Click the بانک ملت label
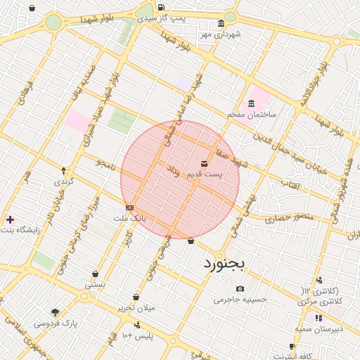(130, 218)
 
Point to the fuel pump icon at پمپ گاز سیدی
(162, 8)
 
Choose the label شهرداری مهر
(220, 33)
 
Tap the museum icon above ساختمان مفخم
(252, 103)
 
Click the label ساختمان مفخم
(252, 113)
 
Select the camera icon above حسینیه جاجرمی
(240, 289)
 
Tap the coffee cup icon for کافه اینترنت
(292, 346)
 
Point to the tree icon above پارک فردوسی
(55, 312)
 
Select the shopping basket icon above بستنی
(95, 274)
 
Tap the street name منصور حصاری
(286, 219)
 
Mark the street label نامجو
(105, 164)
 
